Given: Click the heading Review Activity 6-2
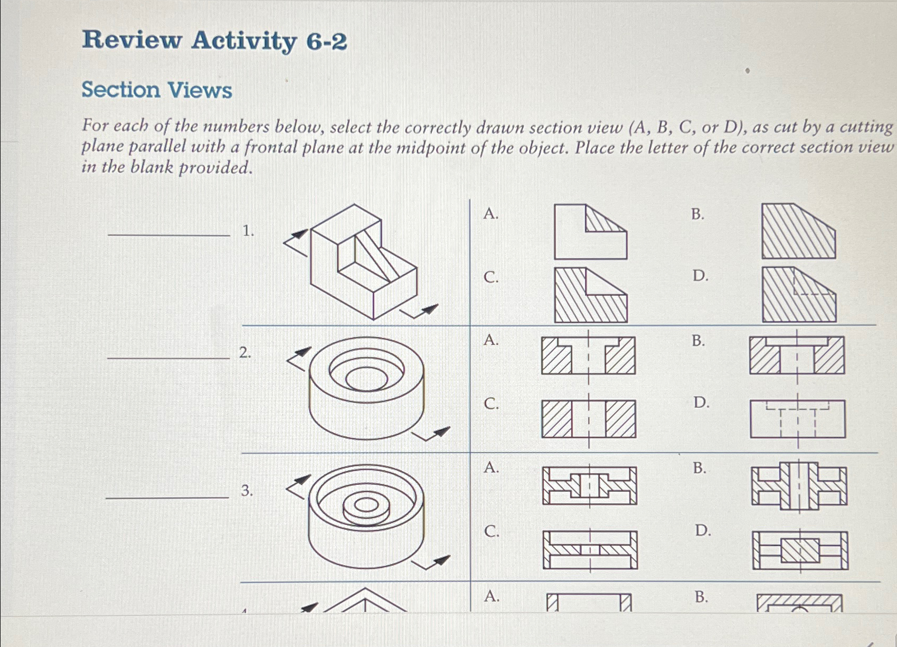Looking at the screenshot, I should click(x=214, y=41).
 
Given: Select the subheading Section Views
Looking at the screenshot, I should click(x=157, y=90).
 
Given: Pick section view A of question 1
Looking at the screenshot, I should click(x=590, y=232).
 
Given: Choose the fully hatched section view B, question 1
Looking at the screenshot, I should click(x=798, y=231).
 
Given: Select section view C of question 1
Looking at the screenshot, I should click(x=590, y=295).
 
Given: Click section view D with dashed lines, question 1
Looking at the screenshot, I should click(x=799, y=295).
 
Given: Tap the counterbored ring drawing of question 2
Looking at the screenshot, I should click(x=366, y=388).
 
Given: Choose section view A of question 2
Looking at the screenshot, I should click(x=588, y=355).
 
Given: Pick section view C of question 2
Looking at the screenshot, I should click(x=588, y=419).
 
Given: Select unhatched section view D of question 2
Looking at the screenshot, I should click(x=797, y=419).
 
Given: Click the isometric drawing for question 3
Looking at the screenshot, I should click(x=366, y=516).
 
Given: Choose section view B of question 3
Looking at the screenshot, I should click(x=799, y=486).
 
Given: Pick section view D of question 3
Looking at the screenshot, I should click(x=800, y=550).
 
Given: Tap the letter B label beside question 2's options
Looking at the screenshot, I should click(x=698, y=341).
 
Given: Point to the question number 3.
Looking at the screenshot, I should click(x=247, y=491).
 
